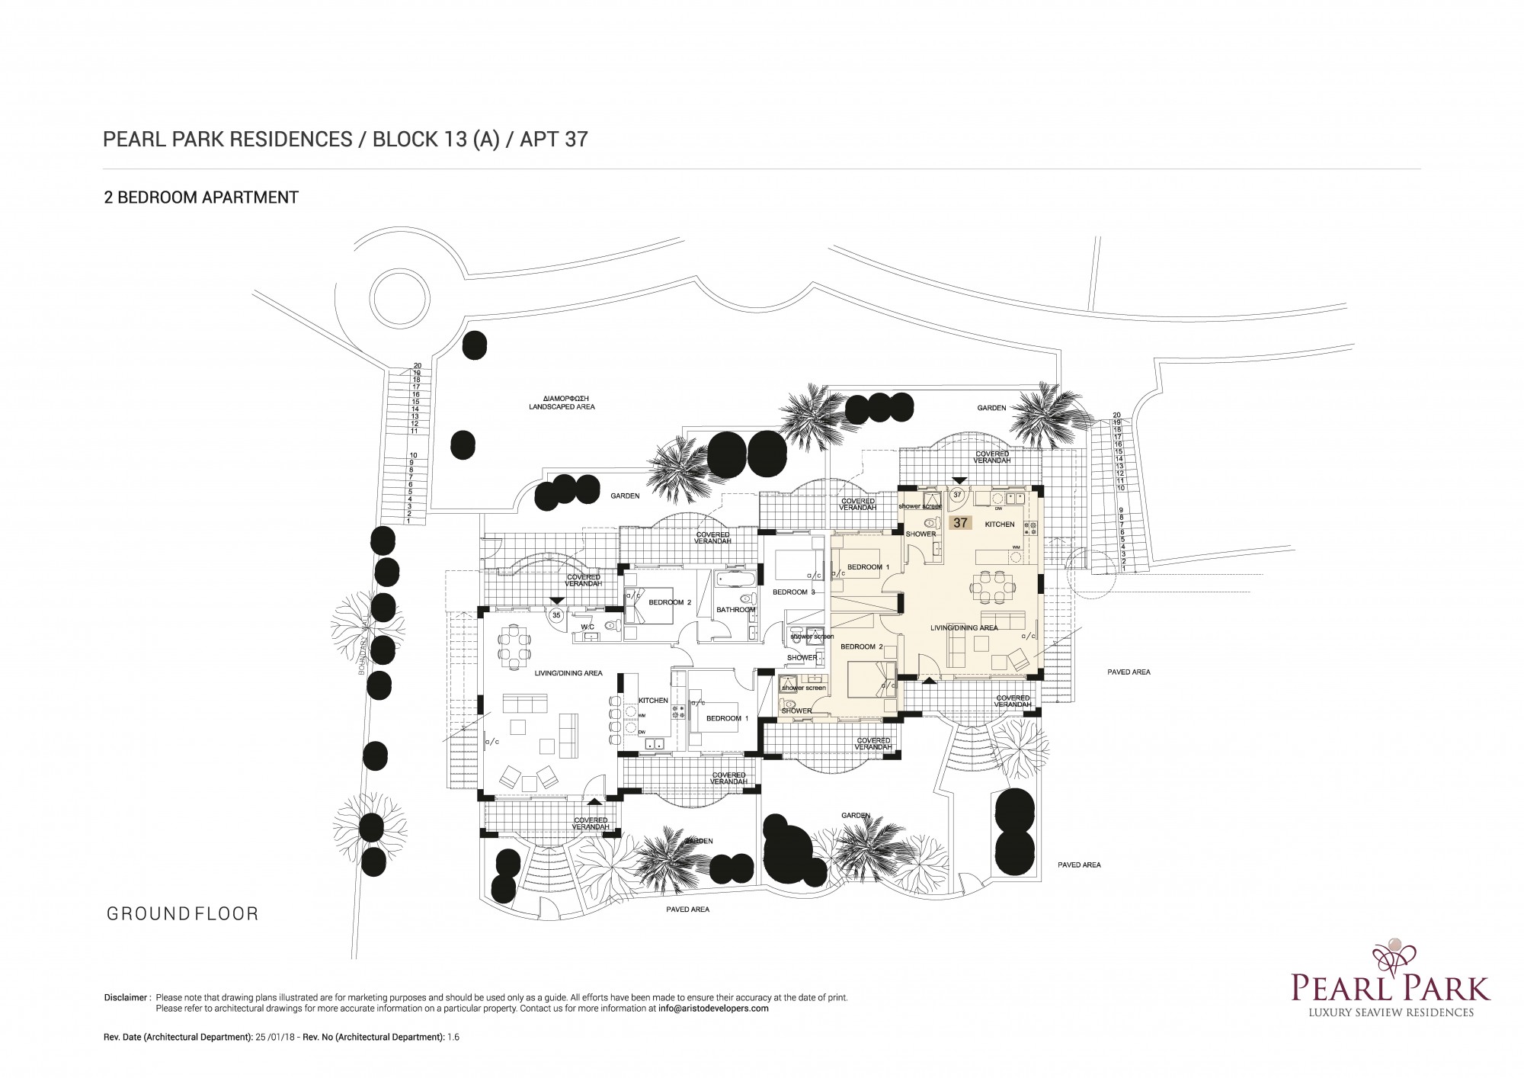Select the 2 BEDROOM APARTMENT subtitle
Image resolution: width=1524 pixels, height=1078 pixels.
[x=201, y=197]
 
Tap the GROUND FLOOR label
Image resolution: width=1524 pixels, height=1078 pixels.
[x=183, y=913]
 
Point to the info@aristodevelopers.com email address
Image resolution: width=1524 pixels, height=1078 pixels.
[x=713, y=1008]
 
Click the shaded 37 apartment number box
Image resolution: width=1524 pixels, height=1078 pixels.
[x=960, y=523]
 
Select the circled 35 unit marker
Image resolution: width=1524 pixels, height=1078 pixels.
[x=556, y=614]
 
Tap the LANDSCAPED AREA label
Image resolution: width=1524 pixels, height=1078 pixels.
[x=562, y=407]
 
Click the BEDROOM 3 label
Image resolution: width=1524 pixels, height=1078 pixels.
[x=793, y=592]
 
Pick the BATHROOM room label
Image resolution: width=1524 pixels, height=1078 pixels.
[x=735, y=610]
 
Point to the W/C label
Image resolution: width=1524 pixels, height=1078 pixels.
[x=588, y=627]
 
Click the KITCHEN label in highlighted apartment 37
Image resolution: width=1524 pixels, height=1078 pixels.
[x=1000, y=525]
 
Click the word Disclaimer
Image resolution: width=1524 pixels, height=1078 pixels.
[x=126, y=997]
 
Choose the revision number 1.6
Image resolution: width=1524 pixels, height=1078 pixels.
[x=453, y=1037]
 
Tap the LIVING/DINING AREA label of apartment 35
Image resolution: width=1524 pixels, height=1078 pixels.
[x=568, y=673]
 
